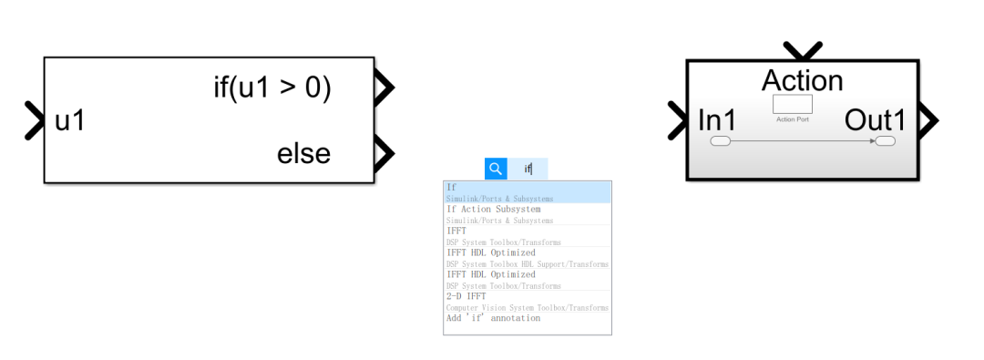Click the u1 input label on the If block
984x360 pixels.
(69, 120)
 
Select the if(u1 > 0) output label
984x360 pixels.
(272, 88)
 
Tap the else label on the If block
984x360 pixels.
(303, 153)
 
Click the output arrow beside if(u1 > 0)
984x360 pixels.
(384, 88)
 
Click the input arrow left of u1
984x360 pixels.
(35, 120)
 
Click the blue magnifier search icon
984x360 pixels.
(496, 169)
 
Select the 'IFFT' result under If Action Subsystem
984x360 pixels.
(456, 231)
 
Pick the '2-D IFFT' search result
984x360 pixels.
(466, 296)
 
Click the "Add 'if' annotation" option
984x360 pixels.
(493, 318)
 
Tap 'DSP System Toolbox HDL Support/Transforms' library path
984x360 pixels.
(527, 264)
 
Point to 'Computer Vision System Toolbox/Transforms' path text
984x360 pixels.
(527, 308)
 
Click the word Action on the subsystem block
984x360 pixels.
(802, 80)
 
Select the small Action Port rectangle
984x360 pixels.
(792, 104)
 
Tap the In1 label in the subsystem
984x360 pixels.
(717, 119)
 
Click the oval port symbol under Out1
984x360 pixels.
(884, 141)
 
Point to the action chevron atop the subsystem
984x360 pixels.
(803, 50)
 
